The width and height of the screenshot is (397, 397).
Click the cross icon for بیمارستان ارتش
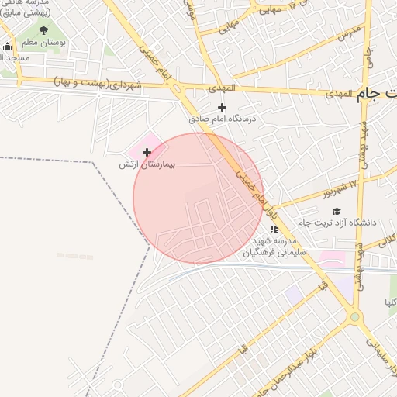[147, 153]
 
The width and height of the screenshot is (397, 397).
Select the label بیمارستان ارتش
[147, 164]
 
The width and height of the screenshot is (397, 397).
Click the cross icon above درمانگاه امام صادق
[223, 107]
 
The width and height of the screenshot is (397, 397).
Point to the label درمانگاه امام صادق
[222, 119]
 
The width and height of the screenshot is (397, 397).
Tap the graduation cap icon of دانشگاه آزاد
[336, 211]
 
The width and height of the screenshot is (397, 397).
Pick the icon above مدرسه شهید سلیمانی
[273, 229]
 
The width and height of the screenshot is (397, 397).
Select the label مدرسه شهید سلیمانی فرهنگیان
[274, 247]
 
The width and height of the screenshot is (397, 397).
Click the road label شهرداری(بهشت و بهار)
[98, 82]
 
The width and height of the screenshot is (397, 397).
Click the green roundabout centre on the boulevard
[355, 316]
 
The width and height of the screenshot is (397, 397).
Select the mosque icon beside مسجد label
[7, 47]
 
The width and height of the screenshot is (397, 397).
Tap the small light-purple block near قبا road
[293, 295]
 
